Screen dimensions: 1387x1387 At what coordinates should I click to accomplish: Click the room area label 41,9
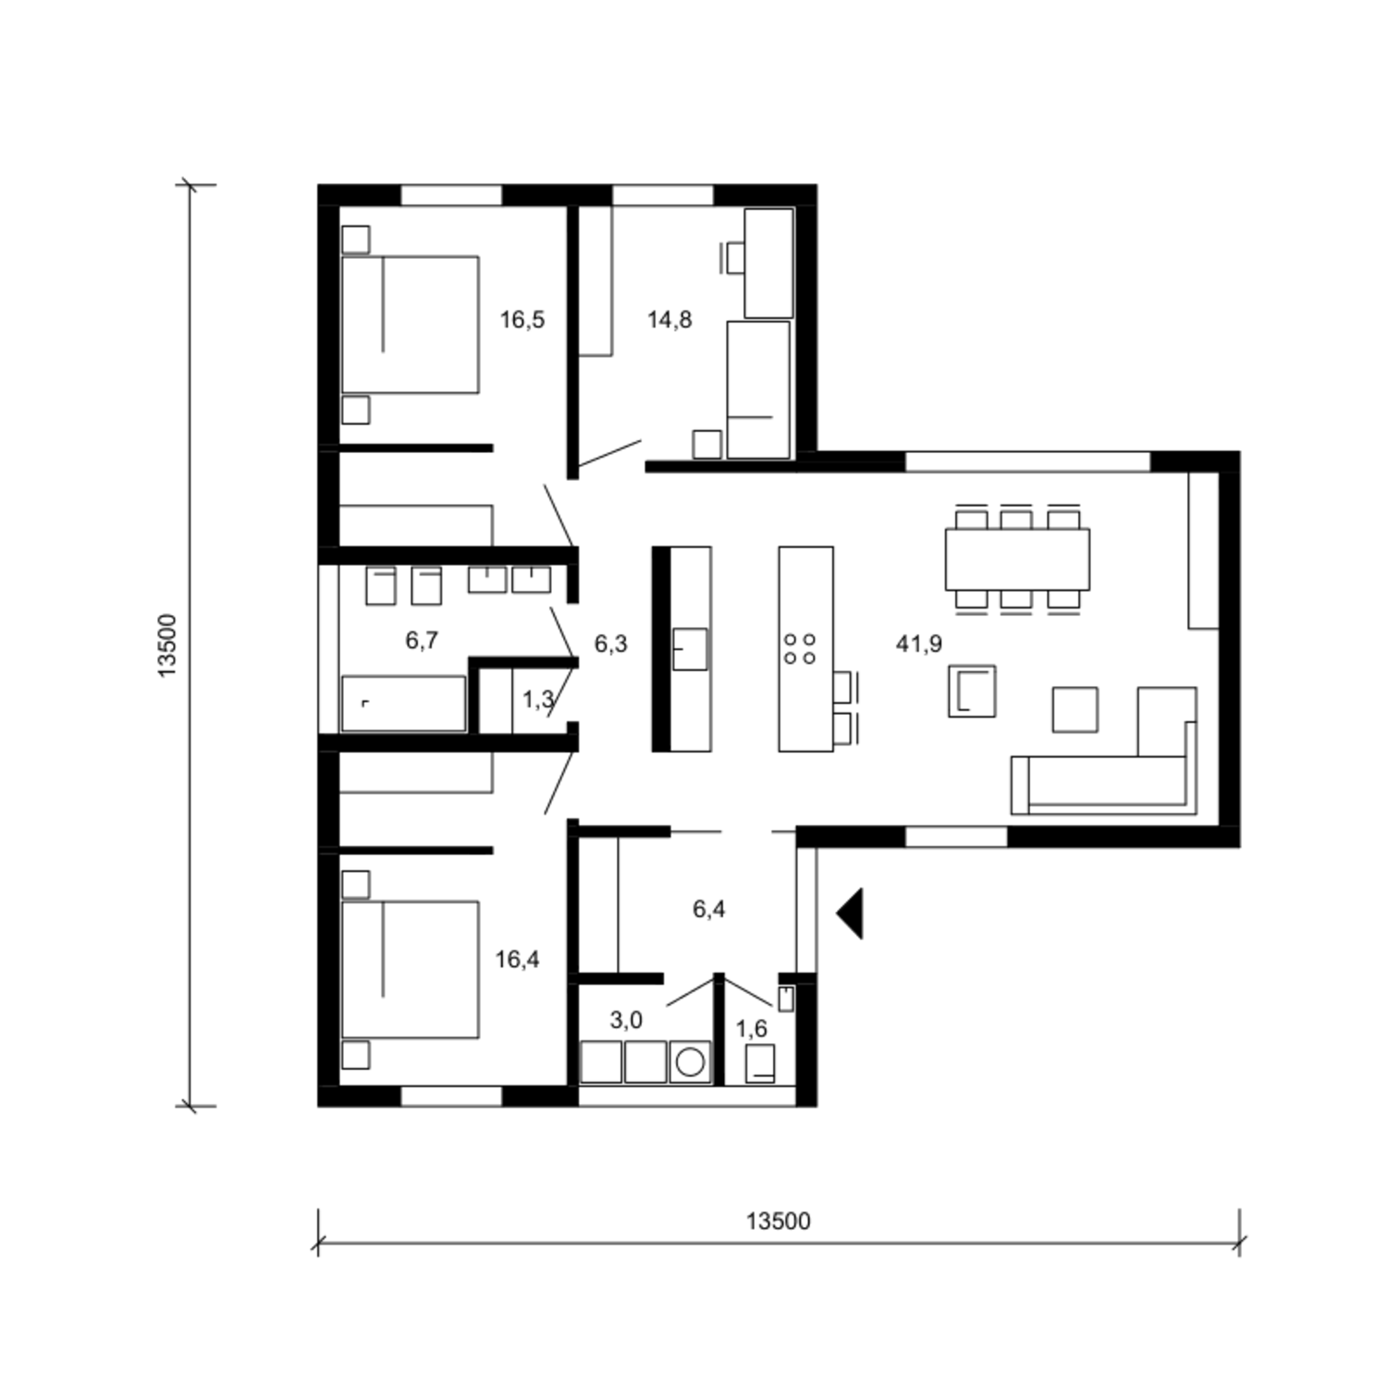919,644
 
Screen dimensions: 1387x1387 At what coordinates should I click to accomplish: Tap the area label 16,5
522,320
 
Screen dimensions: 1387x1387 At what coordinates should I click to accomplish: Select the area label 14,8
669,320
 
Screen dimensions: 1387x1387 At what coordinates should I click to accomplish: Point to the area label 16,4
517,960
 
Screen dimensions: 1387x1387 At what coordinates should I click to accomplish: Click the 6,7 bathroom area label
422,640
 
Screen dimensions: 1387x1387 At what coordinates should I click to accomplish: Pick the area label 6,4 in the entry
709,909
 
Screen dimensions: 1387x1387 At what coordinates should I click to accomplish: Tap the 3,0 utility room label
626,1020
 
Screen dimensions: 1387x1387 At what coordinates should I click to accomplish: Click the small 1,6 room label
752,1028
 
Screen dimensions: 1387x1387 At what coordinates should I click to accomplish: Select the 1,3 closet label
538,700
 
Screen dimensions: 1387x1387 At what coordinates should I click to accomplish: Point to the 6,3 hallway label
610,644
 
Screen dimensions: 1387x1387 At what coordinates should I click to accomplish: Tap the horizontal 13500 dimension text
779,1221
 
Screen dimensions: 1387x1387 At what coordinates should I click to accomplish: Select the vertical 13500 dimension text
166,645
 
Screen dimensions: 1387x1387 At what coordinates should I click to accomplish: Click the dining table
1017,559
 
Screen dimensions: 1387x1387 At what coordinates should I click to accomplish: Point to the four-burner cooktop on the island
800,648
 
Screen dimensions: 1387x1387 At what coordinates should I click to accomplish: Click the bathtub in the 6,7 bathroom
403,704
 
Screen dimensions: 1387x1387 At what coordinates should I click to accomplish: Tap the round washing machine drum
690,1062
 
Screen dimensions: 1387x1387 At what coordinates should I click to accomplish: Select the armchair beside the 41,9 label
972,691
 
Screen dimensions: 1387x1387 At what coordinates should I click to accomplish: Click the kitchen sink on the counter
690,649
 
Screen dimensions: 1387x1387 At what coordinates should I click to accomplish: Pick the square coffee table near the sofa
1075,709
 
